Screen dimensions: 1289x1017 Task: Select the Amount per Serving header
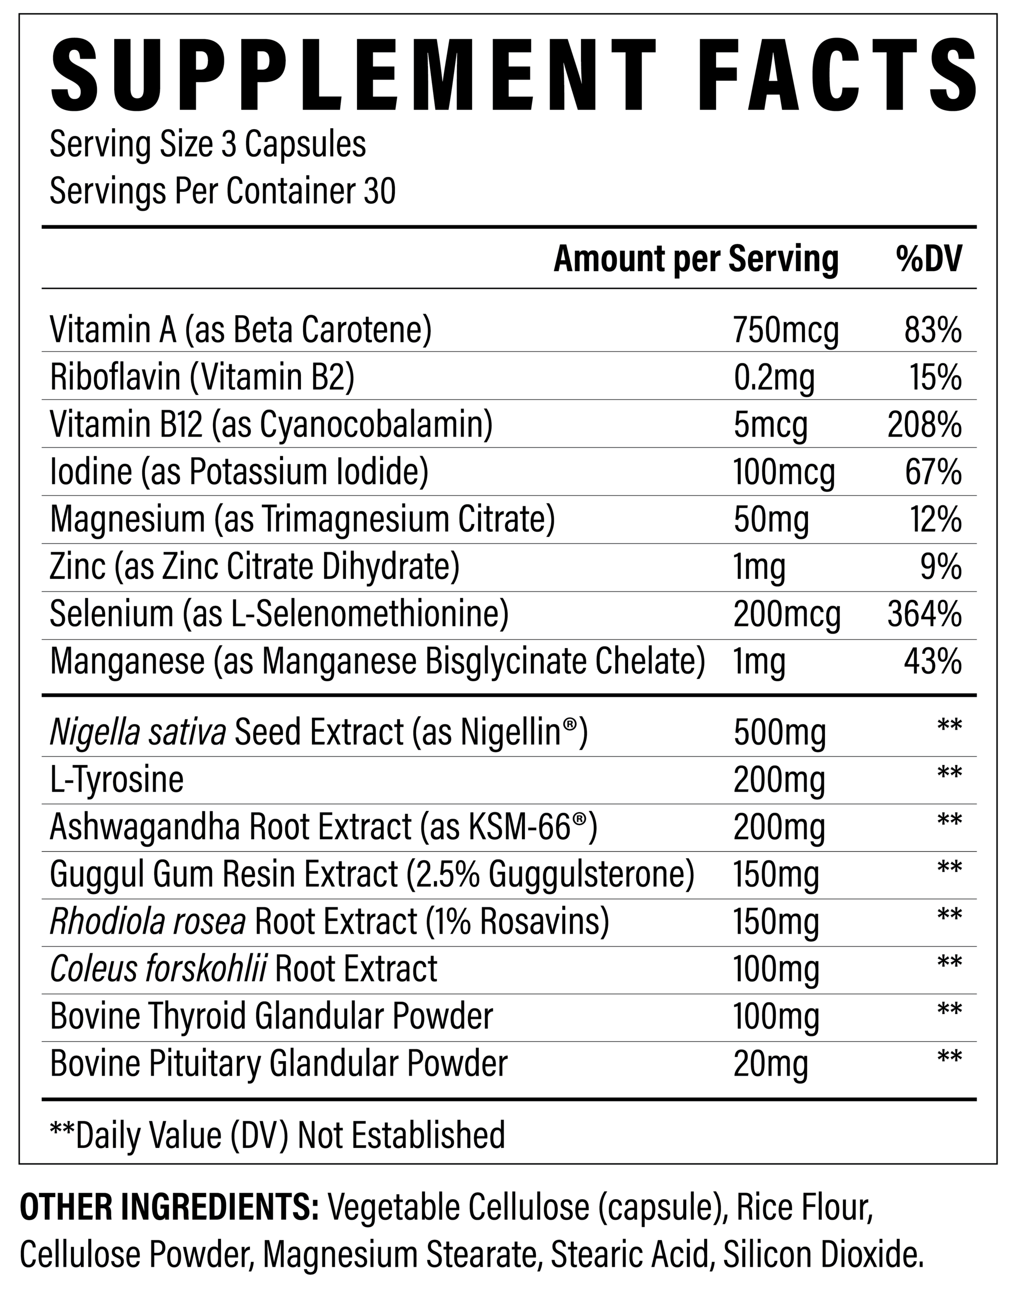pyautogui.click(x=696, y=259)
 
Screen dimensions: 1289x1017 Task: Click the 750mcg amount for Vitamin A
pyautogui.click(x=786, y=330)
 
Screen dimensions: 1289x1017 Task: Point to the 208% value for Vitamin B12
pyautogui.click(x=924, y=425)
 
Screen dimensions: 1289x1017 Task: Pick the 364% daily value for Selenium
pyautogui.click(x=924, y=614)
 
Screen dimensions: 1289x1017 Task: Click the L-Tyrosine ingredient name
pyautogui.click(x=117, y=780)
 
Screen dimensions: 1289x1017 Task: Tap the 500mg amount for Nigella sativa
pyautogui.click(x=780, y=733)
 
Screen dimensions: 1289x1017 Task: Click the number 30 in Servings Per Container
pyautogui.click(x=379, y=192)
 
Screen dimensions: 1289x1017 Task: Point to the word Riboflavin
pyautogui.click(x=115, y=377)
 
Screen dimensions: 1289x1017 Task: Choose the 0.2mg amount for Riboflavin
pyautogui.click(x=774, y=377)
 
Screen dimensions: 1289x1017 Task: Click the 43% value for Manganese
pyautogui.click(x=933, y=661)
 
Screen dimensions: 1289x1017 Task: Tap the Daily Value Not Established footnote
pyautogui.click(x=278, y=1134)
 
